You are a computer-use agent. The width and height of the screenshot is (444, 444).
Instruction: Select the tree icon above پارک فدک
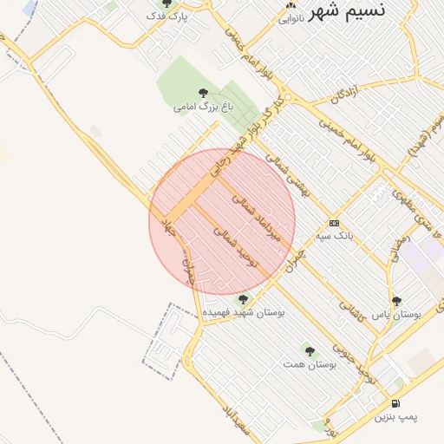(167, 3)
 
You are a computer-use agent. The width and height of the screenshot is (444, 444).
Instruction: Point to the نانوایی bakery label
(290, 20)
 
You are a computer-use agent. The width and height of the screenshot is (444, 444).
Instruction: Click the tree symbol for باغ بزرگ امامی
(203, 93)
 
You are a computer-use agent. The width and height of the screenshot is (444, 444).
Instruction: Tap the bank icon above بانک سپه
(335, 223)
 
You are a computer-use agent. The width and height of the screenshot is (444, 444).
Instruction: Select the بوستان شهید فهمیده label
(244, 310)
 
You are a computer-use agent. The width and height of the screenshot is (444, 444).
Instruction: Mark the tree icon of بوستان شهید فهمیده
(242, 298)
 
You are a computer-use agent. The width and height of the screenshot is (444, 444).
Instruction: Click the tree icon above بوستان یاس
(396, 301)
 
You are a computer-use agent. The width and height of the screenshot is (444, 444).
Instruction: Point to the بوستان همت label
(310, 364)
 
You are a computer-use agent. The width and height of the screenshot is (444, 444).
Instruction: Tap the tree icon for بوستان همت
(310, 351)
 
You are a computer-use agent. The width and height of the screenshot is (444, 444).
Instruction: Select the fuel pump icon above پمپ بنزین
(396, 403)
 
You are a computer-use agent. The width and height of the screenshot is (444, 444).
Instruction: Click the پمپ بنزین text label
(396, 417)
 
